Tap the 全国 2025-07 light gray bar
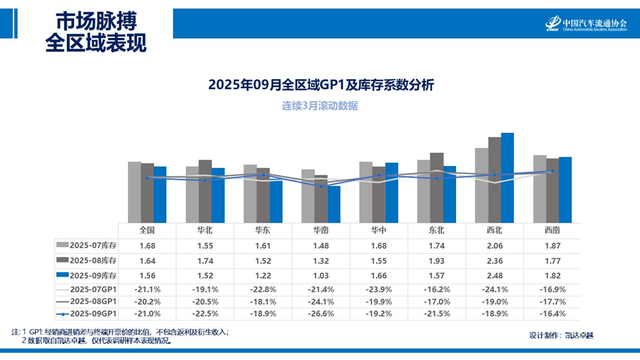point(134,192)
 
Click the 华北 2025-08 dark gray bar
point(205,191)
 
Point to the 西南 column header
point(552,230)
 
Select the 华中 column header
point(378,230)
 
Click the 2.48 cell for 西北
point(494,275)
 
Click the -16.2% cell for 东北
point(436,288)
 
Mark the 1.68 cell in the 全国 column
point(146,246)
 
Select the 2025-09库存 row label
point(93,275)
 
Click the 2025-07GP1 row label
point(93,288)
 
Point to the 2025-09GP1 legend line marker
point(63,314)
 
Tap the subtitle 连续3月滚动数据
point(320,106)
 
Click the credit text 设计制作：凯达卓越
point(561,335)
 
